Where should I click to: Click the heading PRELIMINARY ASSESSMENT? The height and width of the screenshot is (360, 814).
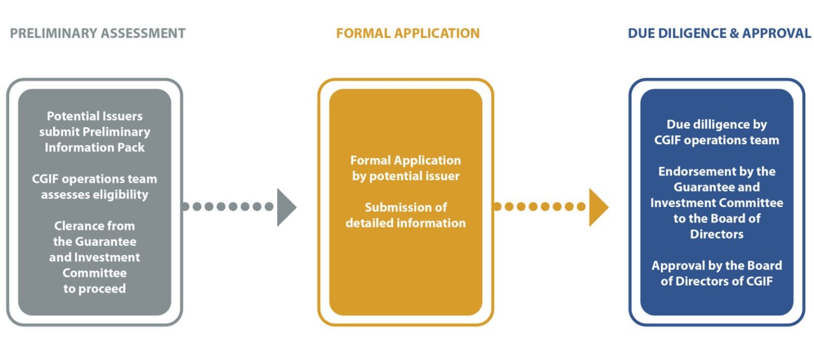click(x=98, y=33)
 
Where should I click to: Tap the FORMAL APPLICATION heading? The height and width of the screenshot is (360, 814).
click(x=408, y=33)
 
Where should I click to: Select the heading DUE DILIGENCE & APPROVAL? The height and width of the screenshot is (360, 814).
click(x=719, y=33)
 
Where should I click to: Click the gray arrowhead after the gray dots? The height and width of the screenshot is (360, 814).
click(x=286, y=207)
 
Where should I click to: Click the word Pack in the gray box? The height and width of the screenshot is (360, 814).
click(x=131, y=147)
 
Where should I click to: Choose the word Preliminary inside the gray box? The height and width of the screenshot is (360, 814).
click(x=117, y=132)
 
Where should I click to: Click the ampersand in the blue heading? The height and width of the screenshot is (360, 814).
click(x=732, y=33)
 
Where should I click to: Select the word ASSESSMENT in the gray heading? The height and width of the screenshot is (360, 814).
click(x=146, y=33)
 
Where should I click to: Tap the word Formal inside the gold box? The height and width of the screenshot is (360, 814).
click(x=371, y=160)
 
